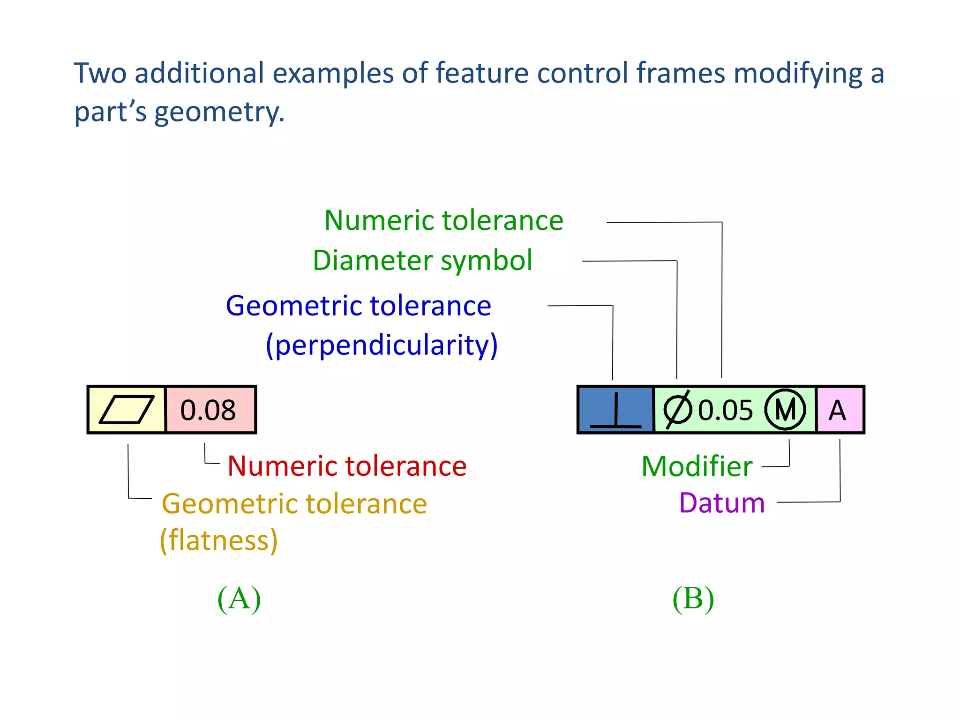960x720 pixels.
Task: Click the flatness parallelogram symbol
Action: [x=127, y=409]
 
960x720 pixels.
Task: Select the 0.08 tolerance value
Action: [x=208, y=410]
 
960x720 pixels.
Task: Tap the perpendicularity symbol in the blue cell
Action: [x=615, y=411]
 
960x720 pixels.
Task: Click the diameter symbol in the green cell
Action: [x=677, y=410]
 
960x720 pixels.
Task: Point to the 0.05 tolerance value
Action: [x=725, y=411]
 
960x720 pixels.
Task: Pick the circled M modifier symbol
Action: [x=785, y=410]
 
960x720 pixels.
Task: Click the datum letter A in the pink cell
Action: [x=838, y=411]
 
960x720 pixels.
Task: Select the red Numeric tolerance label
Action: [x=347, y=466]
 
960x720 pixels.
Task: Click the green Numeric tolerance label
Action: [x=443, y=220]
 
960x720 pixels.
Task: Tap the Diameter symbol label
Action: [x=422, y=260]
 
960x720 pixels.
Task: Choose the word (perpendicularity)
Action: [x=382, y=345]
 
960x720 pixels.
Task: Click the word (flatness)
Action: [x=219, y=540]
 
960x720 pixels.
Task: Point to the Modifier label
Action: [x=697, y=466]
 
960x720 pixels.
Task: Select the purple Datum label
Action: [x=722, y=503]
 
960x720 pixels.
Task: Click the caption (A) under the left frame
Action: [x=239, y=599]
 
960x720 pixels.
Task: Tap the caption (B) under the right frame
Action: [x=693, y=599]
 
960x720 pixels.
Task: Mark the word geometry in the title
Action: [x=219, y=112]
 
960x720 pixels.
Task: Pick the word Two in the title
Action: [x=100, y=74]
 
